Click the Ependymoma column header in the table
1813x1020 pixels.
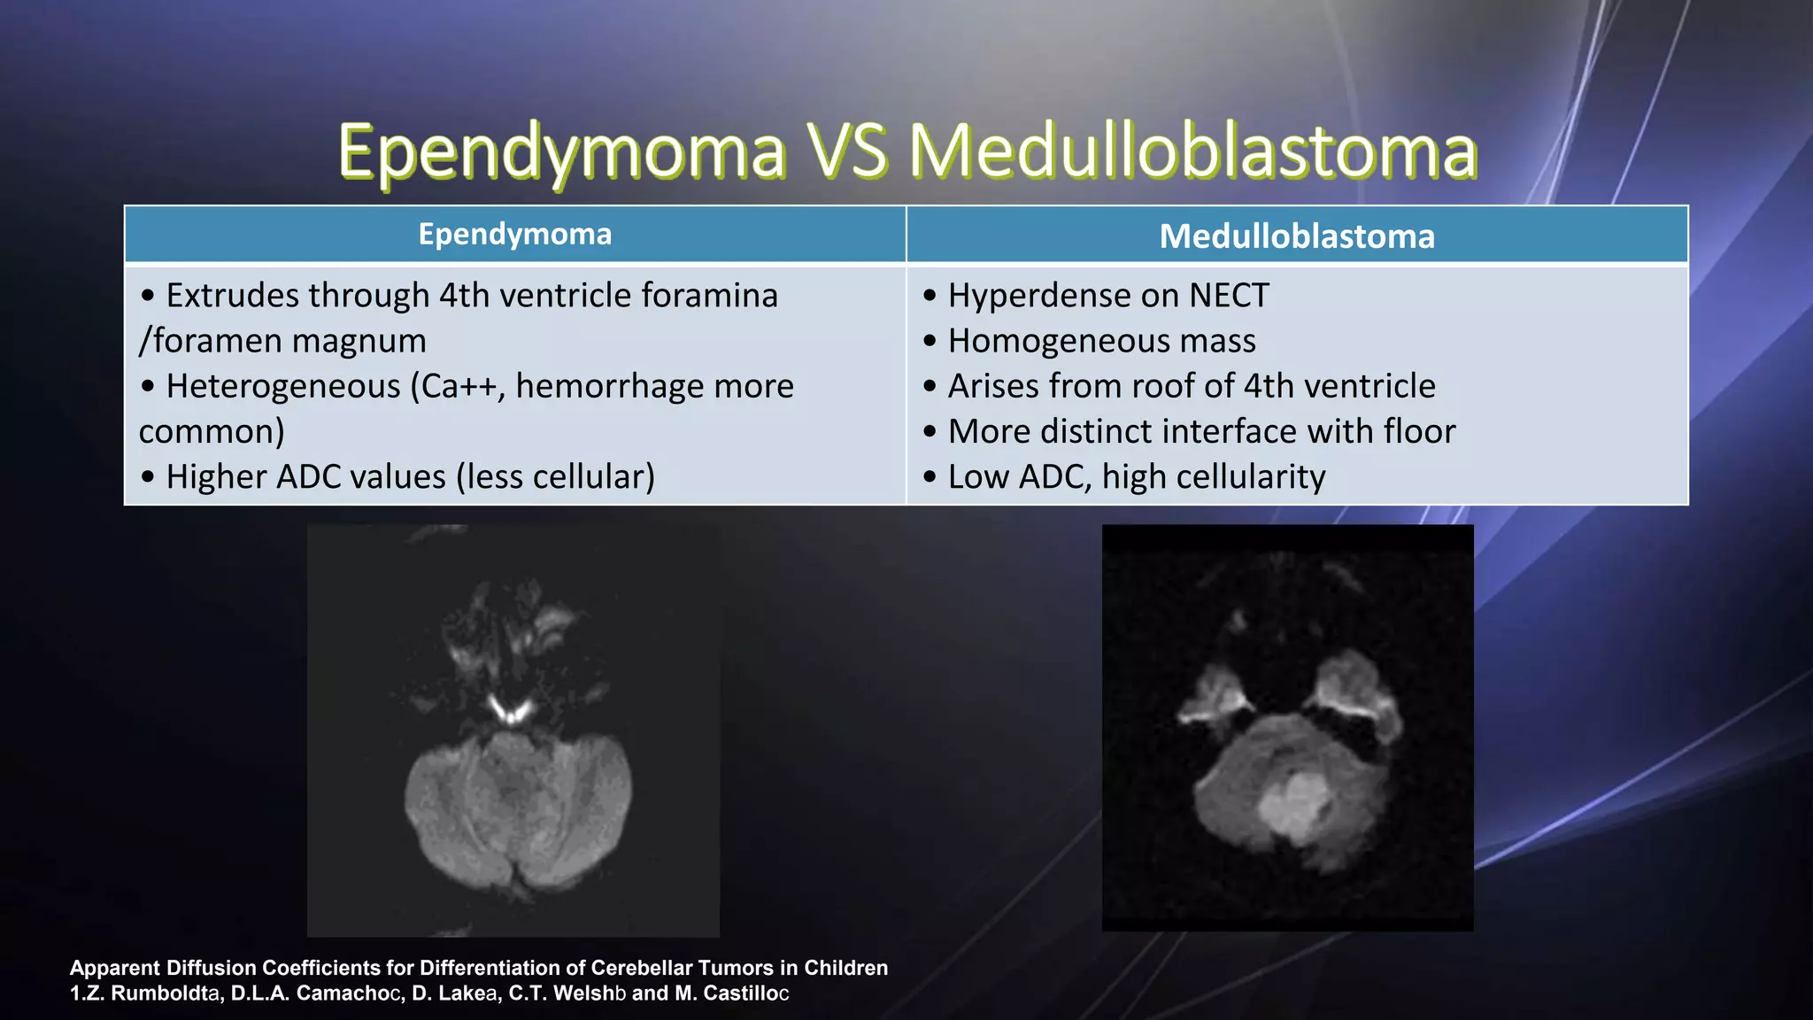(x=514, y=235)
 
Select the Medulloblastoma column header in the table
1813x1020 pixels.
(x=1297, y=236)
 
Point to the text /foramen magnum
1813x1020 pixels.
(x=282, y=341)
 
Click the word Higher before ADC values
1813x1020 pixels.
(x=216, y=477)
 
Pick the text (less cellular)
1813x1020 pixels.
(x=555, y=477)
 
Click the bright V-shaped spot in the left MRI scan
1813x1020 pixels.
(x=511, y=709)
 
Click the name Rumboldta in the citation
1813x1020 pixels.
(x=165, y=993)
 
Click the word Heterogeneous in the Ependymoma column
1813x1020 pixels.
(x=283, y=386)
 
